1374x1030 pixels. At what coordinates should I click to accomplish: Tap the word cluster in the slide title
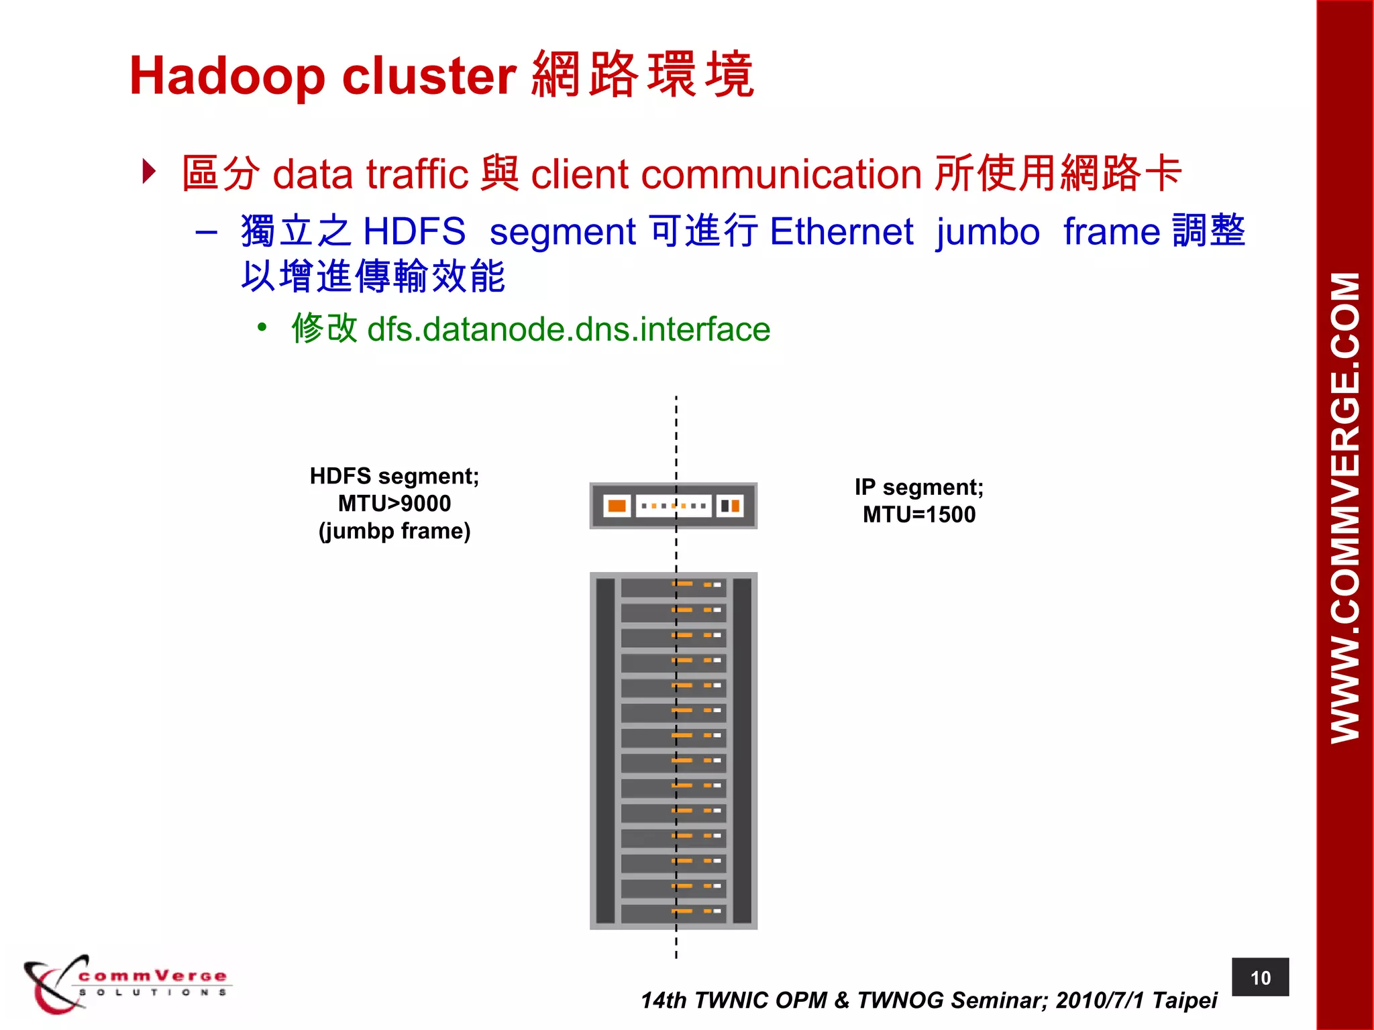coord(429,75)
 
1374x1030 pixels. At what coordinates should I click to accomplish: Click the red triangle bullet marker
coord(149,171)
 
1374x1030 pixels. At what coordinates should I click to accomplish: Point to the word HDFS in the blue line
coord(414,232)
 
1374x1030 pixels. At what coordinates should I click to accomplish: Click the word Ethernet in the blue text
coord(841,232)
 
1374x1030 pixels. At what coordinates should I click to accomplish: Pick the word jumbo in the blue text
coord(988,232)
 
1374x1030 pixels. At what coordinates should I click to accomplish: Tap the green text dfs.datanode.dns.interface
coord(568,329)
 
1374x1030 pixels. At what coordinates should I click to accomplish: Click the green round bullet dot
coord(262,328)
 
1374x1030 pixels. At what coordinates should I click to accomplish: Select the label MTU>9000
coord(394,504)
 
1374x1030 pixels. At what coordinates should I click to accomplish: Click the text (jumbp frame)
coord(394,531)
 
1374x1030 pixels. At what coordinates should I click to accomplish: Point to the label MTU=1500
coord(918,515)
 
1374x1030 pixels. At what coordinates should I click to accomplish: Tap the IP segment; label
coord(918,488)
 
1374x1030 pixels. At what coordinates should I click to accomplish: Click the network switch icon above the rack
coord(673,506)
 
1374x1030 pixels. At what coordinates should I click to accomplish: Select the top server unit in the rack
coord(673,587)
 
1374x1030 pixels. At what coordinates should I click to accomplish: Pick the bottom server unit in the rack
coord(673,913)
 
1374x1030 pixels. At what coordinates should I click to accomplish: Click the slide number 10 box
coord(1260,978)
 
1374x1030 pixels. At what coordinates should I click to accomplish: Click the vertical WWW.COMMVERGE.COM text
coord(1345,508)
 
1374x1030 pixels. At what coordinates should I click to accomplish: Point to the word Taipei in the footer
coord(1184,1000)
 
